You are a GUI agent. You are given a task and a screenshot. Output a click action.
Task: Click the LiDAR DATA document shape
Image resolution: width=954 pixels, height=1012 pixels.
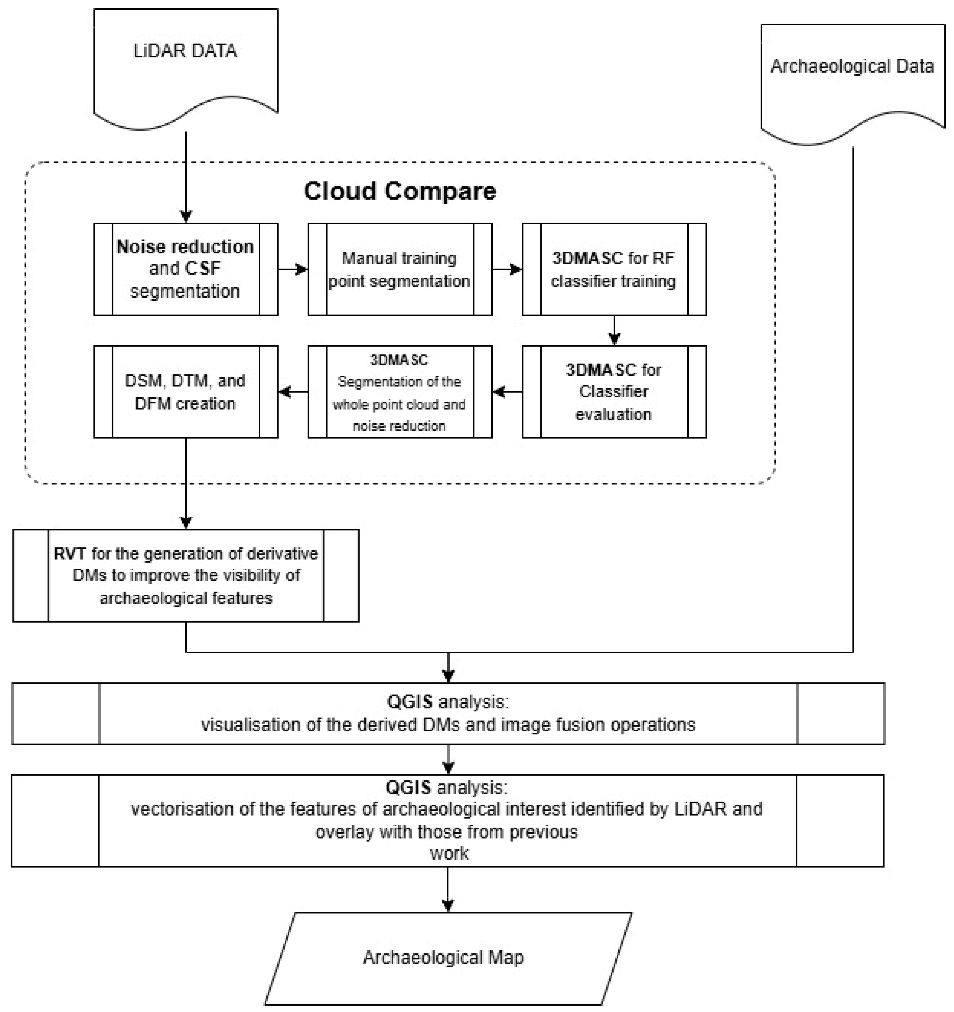point(186,66)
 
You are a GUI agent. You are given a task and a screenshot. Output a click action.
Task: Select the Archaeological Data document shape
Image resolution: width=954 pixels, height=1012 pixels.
point(852,81)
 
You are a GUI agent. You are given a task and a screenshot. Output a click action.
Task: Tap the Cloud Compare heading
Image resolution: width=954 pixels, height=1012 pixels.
point(400,191)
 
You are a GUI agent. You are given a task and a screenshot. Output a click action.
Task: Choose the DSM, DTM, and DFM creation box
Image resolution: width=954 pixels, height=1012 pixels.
point(186,391)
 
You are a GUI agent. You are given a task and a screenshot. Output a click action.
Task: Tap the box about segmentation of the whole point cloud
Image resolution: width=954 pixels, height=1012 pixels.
point(400,391)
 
